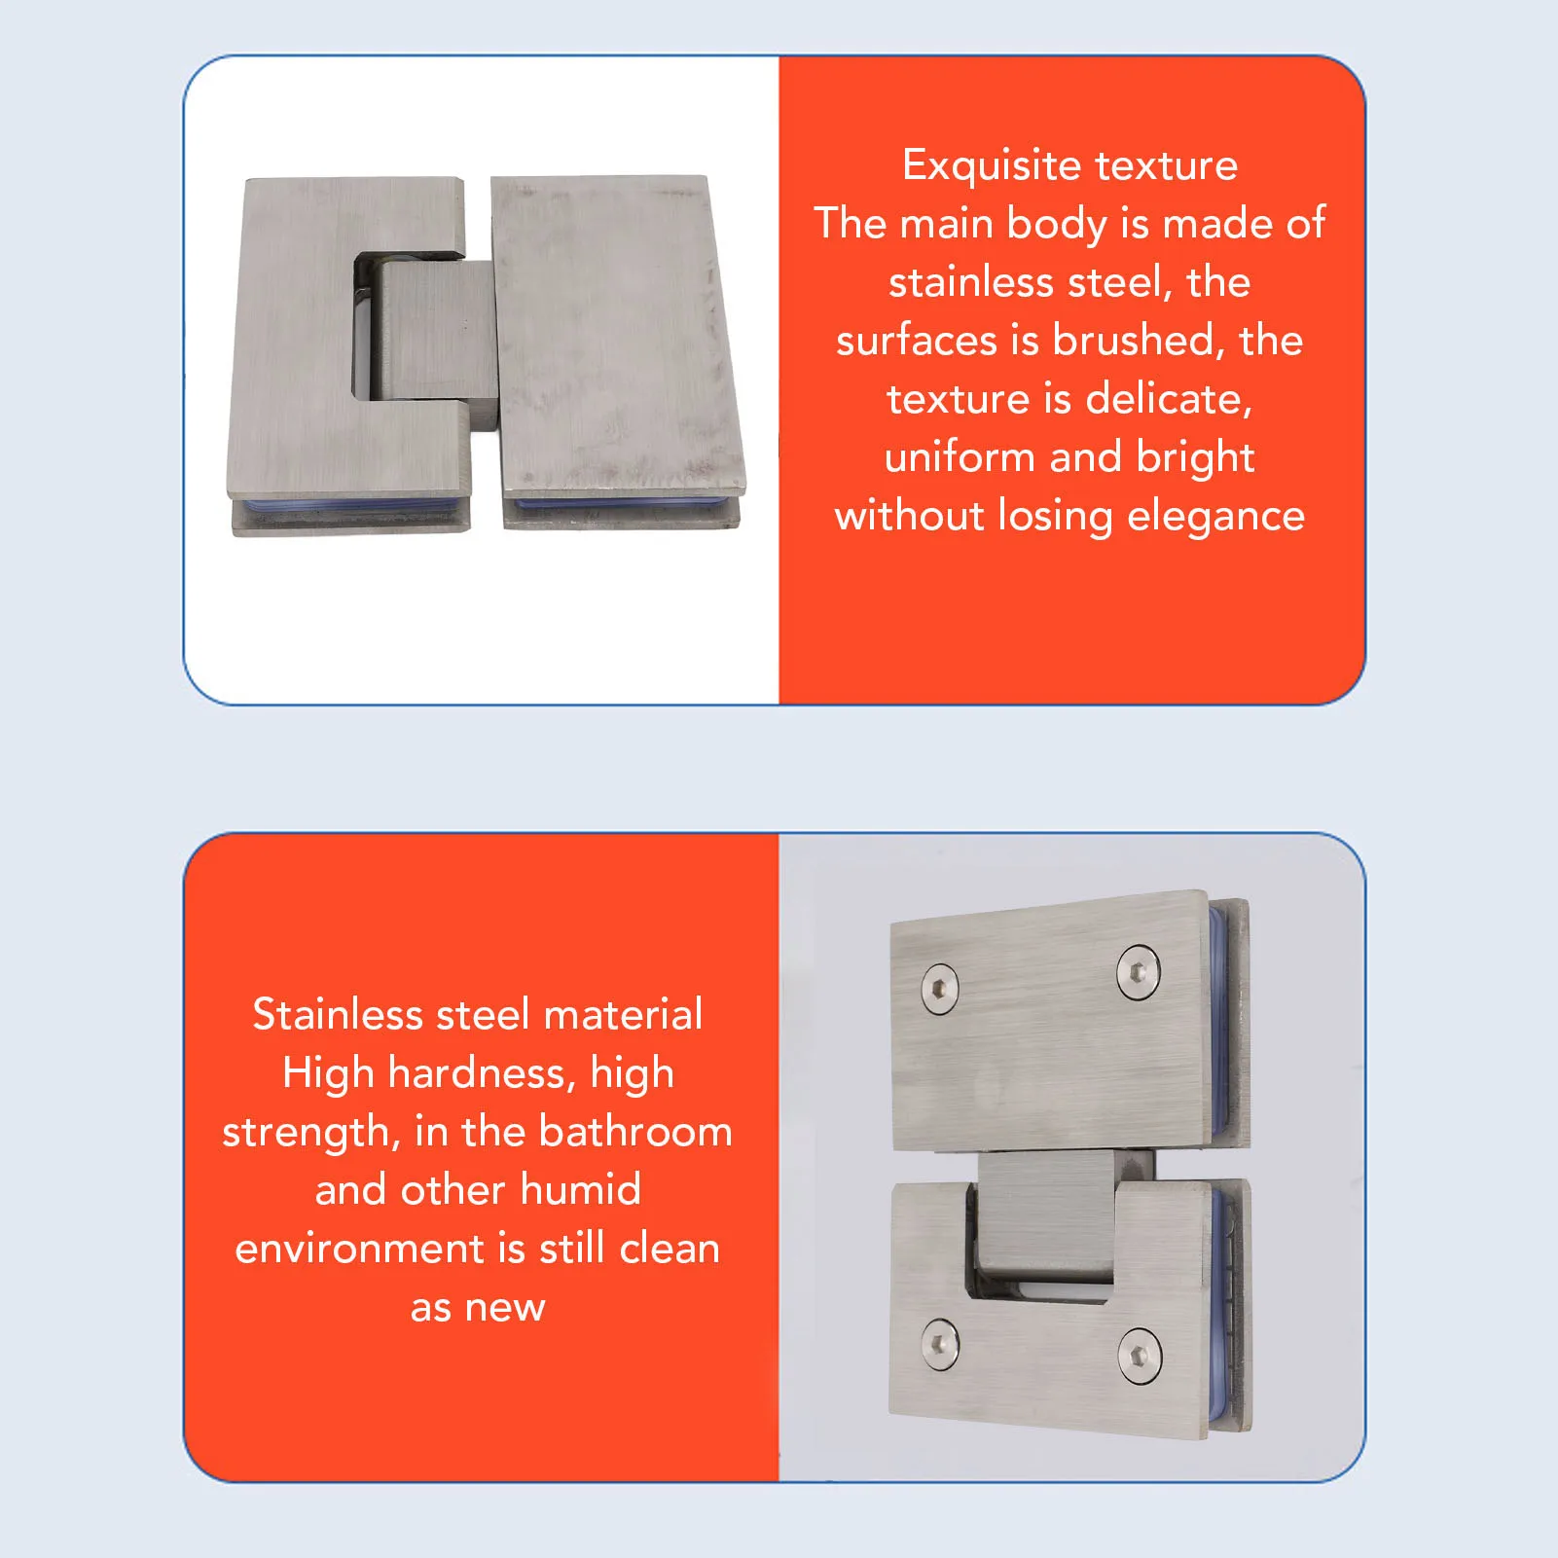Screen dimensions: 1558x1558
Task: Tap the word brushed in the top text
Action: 1134,341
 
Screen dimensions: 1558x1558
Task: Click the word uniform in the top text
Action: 960,457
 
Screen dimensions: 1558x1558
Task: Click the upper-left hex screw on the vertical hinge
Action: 939,989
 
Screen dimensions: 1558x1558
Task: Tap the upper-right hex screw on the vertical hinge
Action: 1138,970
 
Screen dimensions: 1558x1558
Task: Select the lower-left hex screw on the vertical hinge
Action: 939,1343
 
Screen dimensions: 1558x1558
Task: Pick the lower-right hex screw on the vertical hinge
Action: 1139,1355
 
